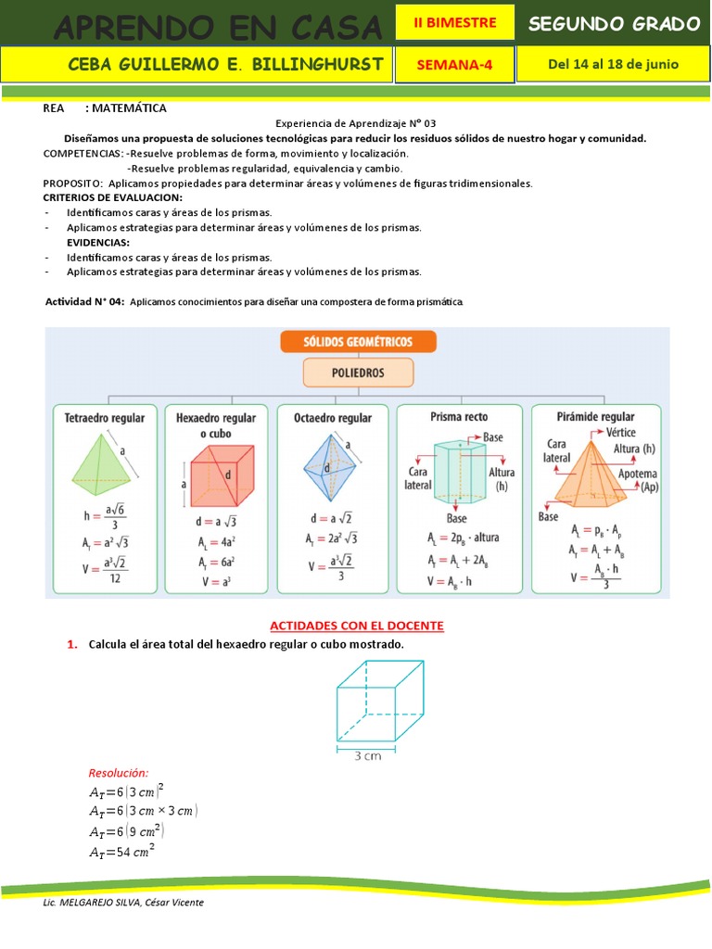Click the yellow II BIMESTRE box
point(455,22)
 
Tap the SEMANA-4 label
point(455,65)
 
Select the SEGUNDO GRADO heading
point(614,24)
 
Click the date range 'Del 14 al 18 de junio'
point(613,64)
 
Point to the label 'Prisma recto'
point(459,417)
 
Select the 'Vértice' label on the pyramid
point(620,433)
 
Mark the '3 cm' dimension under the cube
point(369,754)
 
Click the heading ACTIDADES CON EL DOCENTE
point(357,626)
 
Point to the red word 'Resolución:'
point(118,773)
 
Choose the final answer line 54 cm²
point(121,851)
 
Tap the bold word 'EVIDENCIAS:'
point(97,242)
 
